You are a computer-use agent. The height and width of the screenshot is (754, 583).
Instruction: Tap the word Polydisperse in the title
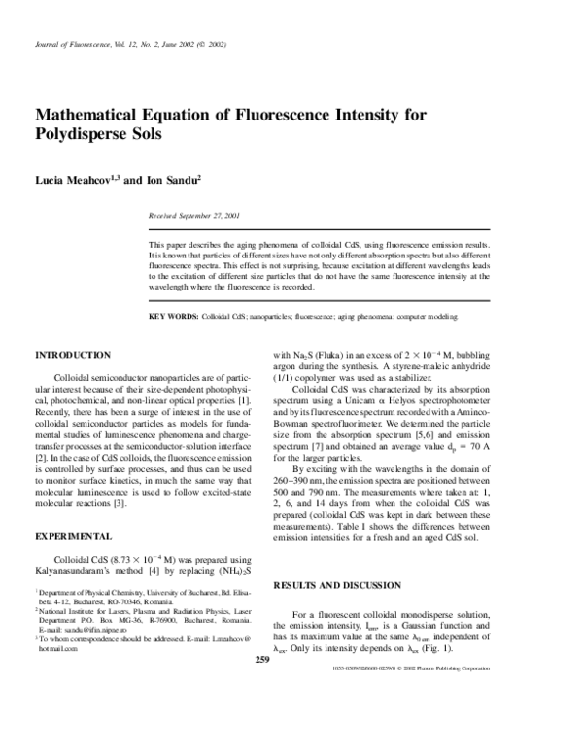87,134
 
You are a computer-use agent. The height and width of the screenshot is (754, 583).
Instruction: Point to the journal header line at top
130,45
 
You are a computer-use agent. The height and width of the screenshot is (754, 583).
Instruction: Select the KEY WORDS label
172,317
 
